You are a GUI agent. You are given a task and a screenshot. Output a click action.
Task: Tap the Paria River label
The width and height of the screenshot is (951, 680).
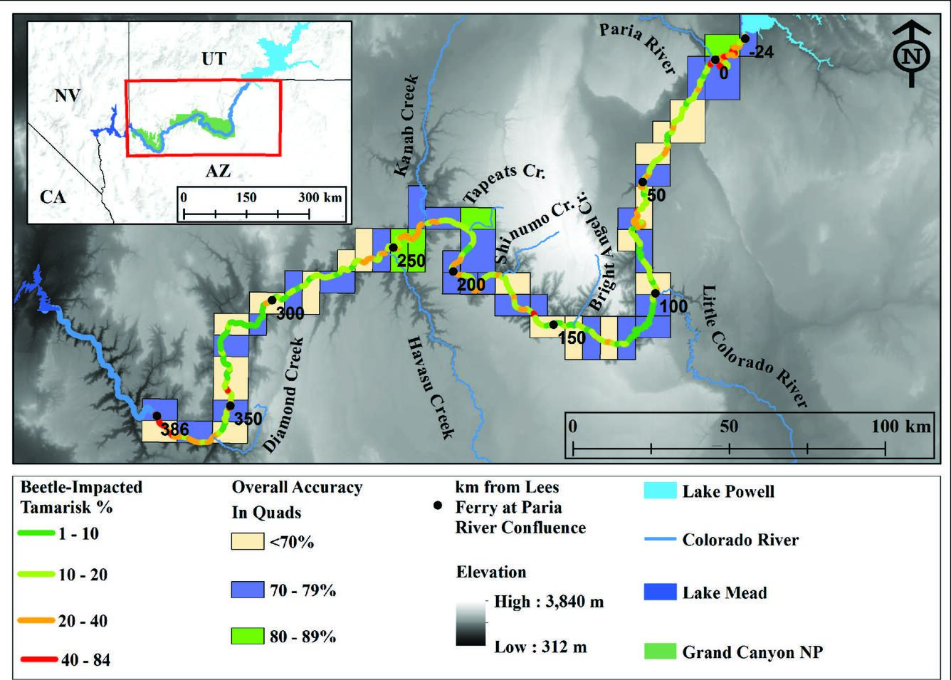tap(636, 47)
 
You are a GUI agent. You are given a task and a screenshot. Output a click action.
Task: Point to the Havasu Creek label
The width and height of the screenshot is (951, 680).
tap(431, 387)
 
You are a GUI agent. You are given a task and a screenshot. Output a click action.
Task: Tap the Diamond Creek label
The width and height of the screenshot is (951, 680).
tap(284, 395)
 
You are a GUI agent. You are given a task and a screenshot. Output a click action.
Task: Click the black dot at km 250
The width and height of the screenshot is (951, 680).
tap(393, 248)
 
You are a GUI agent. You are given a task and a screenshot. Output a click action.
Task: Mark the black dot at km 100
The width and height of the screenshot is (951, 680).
tap(656, 293)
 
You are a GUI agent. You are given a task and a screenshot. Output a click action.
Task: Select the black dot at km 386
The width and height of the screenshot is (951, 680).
tap(157, 416)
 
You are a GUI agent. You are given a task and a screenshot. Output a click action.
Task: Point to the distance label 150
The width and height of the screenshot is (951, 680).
tap(572, 338)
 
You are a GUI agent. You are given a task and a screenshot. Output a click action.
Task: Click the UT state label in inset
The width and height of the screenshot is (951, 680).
tap(214, 58)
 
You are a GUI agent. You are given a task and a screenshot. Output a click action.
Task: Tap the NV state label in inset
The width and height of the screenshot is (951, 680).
tap(68, 95)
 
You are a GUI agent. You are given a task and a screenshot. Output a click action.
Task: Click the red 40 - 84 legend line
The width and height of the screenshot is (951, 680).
tap(38, 660)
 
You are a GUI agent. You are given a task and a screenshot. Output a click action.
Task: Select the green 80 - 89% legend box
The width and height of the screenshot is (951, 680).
tap(247, 635)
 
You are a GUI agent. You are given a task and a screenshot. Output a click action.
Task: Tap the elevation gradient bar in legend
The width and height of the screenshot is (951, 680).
tap(471, 624)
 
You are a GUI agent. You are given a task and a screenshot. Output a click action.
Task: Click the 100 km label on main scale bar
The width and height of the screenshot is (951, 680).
tap(900, 426)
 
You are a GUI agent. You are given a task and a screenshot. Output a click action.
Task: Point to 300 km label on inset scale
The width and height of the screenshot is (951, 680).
tap(320, 197)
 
